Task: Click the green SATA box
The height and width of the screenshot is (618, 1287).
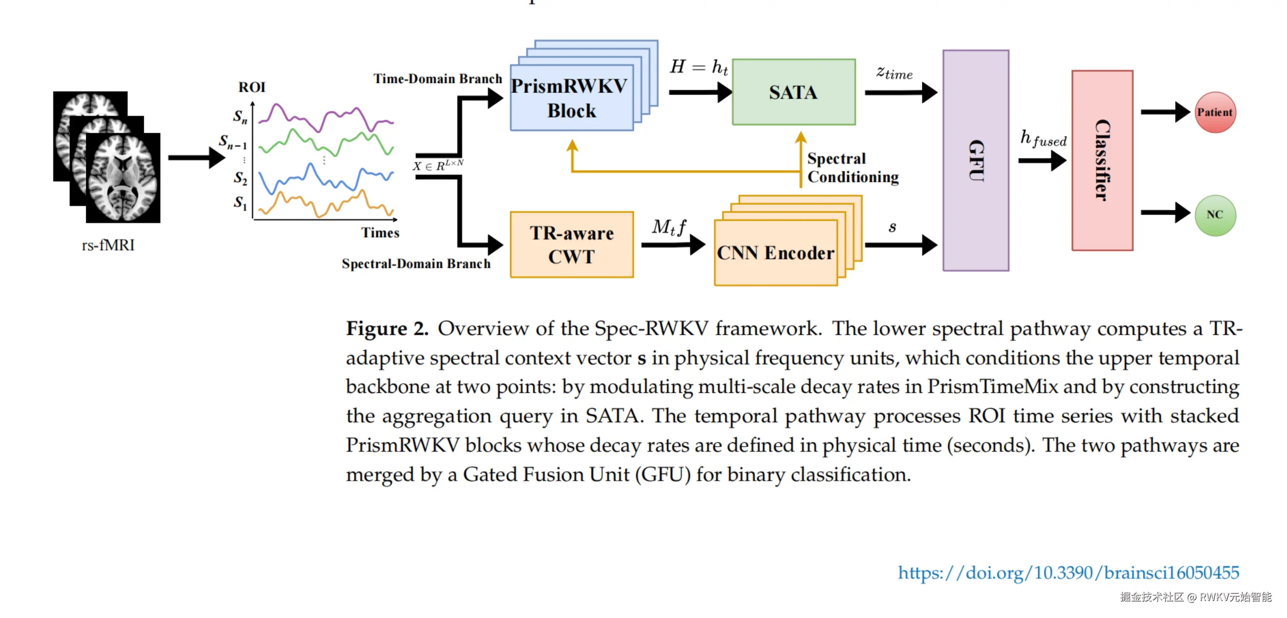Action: [793, 92]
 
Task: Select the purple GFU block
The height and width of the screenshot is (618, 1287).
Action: [976, 160]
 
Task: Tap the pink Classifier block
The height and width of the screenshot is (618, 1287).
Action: [1102, 160]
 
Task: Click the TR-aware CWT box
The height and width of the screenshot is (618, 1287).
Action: [572, 244]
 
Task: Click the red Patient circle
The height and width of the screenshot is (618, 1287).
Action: [1215, 112]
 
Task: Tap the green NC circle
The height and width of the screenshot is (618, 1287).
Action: [1215, 215]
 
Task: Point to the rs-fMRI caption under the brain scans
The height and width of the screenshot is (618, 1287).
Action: [108, 245]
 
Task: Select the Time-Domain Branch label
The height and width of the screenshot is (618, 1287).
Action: [438, 78]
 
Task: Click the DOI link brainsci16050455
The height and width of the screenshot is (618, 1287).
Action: [1068, 572]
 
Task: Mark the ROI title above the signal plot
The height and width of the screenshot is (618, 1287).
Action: [252, 87]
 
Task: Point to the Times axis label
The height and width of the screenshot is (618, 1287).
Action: [380, 233]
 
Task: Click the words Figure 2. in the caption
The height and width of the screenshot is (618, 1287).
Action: [387, 328]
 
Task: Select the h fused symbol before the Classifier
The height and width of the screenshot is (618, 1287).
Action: [1043, 138]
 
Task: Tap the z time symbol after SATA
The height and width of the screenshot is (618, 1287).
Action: [894, 73]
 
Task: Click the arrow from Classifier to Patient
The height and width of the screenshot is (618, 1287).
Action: [1165, 112]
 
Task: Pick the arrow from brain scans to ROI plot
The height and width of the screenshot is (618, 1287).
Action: [197, 157]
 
